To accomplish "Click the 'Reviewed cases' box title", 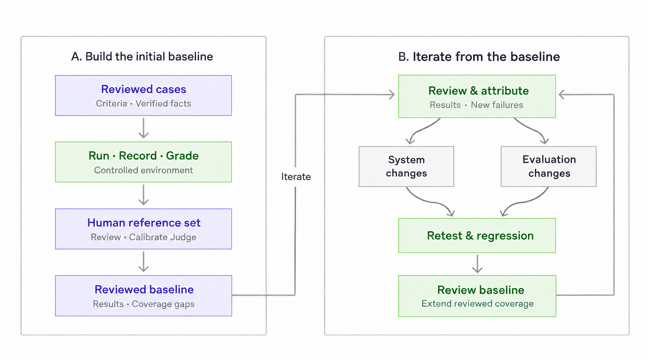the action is (x=144, y=89).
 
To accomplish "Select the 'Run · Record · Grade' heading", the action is (x=144, y=156).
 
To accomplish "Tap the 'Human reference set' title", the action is (x=144, y=223).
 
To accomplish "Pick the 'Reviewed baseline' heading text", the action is (x=144, y=290).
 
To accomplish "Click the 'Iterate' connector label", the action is (x=296, y=176).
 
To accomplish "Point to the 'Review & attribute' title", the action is (x=479, y=90).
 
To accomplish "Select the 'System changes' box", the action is (x=406, y=166).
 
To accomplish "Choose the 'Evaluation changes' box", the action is (x=549, y=166).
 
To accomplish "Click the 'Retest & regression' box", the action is (x=477, y=236).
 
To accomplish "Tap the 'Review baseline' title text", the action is (x=481, y=290).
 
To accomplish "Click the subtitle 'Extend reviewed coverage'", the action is (x=477, y=303).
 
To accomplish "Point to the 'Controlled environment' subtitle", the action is (x=144, y=170).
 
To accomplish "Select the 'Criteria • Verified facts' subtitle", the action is (x=144, y=103).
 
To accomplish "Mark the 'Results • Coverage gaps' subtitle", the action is (x=144, y=304).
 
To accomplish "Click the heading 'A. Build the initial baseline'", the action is (x=142, y=57).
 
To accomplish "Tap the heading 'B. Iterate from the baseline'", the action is (x=479, y=57).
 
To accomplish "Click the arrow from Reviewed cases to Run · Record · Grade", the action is (x=144, y=128).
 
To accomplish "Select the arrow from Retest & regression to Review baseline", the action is (x=477, y=264).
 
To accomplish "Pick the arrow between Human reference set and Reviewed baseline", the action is (x=144, y=261).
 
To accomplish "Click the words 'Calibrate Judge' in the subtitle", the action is (x=162, y=237).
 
